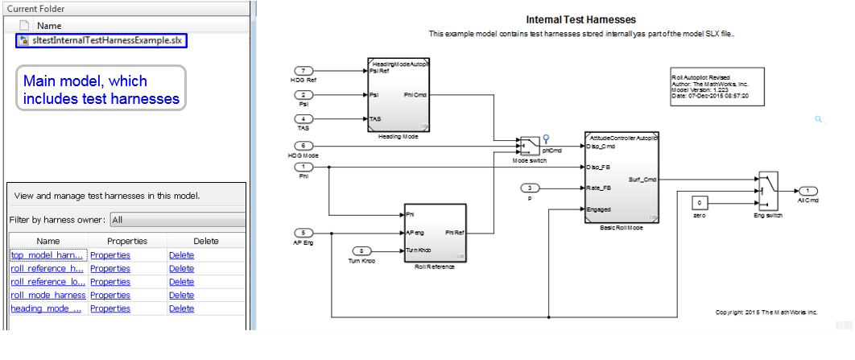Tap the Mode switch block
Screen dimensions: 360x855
(529, 146)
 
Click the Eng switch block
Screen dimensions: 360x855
(767, 189)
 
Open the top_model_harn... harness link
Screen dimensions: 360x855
(47, 255)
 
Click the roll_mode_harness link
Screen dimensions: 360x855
(48, 295)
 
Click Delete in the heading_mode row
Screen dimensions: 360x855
(181, 308)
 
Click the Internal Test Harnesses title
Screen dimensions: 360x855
(580, 19)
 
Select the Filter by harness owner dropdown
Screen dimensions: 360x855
(177, 220)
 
